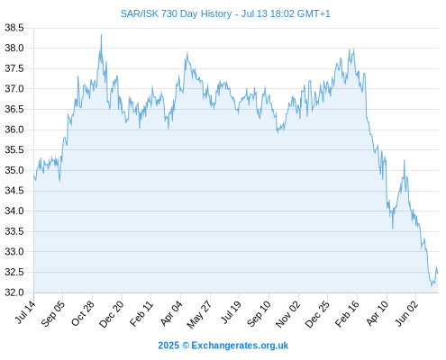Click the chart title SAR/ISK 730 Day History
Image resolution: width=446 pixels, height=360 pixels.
[176, 13]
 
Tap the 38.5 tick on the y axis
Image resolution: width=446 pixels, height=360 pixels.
[14, 28]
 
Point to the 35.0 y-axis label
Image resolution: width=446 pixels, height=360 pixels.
[14, 170]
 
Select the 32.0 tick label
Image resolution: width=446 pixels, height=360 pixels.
[14, 292]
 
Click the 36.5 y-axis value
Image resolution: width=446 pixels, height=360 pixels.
[14, 109]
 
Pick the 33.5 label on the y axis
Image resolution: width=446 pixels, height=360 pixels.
[14, 231]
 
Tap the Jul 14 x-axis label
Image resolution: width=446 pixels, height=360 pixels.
[25, 312]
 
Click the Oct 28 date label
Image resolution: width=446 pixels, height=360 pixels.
[83, 313]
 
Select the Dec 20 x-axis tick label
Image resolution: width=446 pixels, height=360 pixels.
[112, 314]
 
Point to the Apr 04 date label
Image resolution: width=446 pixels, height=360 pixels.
[171, 313]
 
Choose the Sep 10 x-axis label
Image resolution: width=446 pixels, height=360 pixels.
[259, 314]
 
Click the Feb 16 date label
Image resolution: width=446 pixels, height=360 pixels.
[347, 313]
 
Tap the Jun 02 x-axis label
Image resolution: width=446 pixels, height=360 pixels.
[406, 313]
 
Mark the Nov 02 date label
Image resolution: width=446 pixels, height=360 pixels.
[287, 314]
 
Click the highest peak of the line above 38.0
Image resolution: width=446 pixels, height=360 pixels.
[101, 34]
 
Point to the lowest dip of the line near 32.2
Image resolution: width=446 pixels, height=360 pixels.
[432, 286]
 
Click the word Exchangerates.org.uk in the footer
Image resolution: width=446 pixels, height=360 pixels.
[240, 346]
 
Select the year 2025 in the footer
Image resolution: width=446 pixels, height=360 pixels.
[168, 346]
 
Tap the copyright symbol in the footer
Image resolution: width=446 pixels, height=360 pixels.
[186, 346]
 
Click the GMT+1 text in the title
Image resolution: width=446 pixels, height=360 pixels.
[314, 13]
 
